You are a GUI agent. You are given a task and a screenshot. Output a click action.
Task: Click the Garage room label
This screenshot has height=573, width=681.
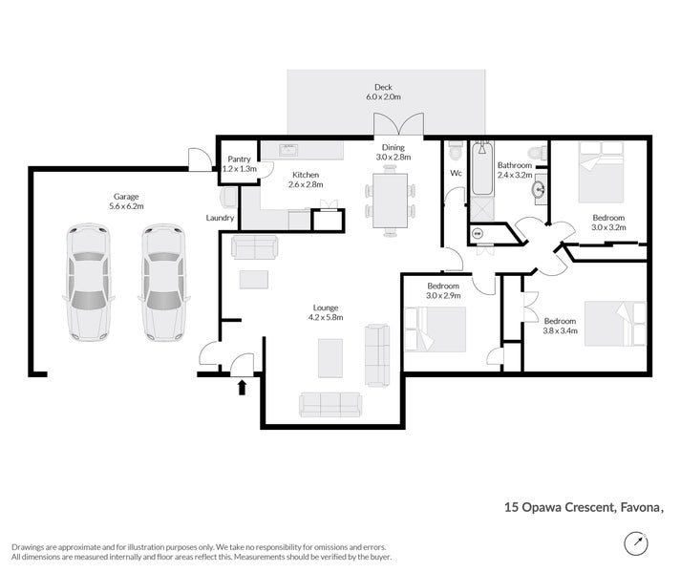point(126,202)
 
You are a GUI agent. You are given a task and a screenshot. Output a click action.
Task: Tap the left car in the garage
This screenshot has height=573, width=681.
point(89,282)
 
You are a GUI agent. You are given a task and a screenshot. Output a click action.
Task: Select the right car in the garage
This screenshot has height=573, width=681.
point(163,282)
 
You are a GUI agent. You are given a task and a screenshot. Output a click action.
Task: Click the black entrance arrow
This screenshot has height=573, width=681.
point(242,388)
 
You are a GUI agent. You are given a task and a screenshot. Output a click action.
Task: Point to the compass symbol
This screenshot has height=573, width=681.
point(636,543)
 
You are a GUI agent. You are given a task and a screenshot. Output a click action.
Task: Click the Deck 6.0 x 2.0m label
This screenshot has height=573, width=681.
point(384,92)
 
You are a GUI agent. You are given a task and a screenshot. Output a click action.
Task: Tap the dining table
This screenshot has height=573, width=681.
point(390,201)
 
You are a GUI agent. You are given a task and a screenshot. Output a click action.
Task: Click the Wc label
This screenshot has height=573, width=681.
point(456,173)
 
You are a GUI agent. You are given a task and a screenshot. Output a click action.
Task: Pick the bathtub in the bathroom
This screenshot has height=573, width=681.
point(482,168)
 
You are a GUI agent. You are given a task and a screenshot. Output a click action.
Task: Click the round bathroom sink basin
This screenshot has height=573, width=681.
point(539,189)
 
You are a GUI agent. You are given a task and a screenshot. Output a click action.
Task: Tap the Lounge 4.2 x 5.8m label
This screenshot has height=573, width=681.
point(326,312)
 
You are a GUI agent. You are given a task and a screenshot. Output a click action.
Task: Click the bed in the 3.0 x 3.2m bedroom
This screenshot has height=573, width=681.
point(602,172)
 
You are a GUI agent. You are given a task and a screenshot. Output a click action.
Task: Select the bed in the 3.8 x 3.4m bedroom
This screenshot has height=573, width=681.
point(615,324)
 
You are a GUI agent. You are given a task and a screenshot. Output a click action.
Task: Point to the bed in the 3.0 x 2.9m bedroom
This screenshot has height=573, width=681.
point(436,329)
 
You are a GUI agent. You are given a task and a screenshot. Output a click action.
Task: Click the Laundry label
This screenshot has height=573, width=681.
point(220,218)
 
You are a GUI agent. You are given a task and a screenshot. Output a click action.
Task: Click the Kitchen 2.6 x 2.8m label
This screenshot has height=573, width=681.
point(306,180)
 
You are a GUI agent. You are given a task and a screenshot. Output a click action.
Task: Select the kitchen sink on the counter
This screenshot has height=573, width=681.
point(287,150)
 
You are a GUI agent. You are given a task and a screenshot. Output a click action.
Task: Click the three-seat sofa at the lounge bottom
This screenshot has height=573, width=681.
point(330,405)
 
